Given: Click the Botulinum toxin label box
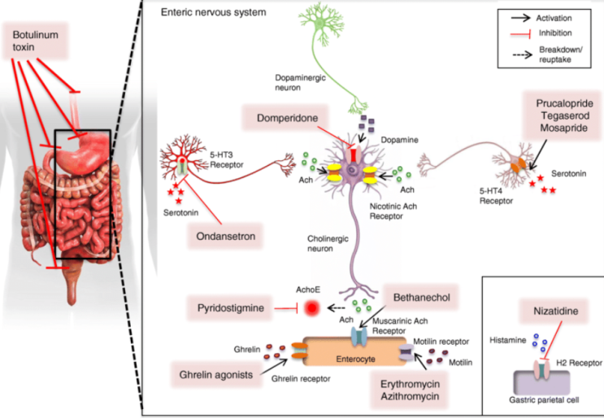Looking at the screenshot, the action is click(x=36, y=41).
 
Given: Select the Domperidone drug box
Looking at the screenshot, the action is click(x=287, y=118).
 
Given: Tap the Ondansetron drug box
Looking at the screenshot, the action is click(x=226, y=236).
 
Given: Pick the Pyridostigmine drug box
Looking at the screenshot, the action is click(x=230, y=308).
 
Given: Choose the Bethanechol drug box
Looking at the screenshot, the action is click(x=421, y=298).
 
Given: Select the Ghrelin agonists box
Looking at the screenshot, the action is click(x=216, y=374).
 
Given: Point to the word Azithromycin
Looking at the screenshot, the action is click(x=410, y=396).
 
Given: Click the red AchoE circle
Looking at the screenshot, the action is click(x=311, y=308).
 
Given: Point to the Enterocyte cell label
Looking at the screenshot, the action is click(x=355, y=359).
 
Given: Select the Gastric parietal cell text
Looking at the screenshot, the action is click(x=544, y=400).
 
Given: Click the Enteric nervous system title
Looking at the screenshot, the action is click(x=214, y=12).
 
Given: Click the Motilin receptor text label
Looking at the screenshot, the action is click(x=441, y=342).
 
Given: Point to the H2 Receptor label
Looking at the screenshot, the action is click(x=579, y=363).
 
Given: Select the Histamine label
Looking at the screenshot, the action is click(x=508, y=340).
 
